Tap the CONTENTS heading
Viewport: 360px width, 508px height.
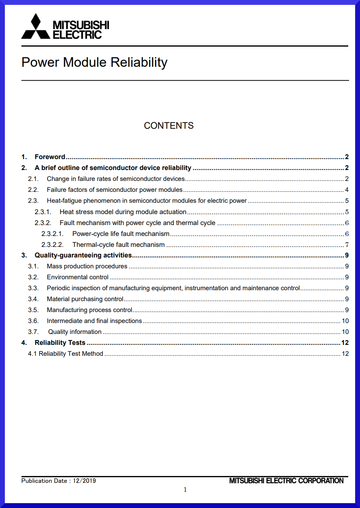(x=168, y=125)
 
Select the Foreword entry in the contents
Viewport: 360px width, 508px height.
(x=50, y=157)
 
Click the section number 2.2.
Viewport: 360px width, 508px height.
(x=33, y=190)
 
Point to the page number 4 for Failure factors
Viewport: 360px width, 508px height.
(x=347, y=190)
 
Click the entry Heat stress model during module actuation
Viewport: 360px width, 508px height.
(x=123, y=212)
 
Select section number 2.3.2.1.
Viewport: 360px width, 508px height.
(x=53, y=234)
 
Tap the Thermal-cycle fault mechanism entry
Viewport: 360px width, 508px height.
(x=118, y=244)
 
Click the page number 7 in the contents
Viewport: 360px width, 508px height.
(x=347, y=244)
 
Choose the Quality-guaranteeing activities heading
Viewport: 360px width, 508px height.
(x=83, y=255)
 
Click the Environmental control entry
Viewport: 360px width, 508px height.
(x=77, y=277)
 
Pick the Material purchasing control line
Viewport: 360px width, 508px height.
(x=85, y=299)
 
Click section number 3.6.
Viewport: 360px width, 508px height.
(x=33, y=321)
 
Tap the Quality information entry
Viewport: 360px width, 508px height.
(x=75, y=332)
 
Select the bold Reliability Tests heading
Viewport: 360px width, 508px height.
(x=60, y=343)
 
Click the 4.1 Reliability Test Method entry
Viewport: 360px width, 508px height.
(x=65, y=354)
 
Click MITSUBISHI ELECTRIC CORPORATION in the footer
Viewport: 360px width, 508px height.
(x=286, y=481)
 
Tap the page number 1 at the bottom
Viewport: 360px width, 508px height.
(x=185, y=490)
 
